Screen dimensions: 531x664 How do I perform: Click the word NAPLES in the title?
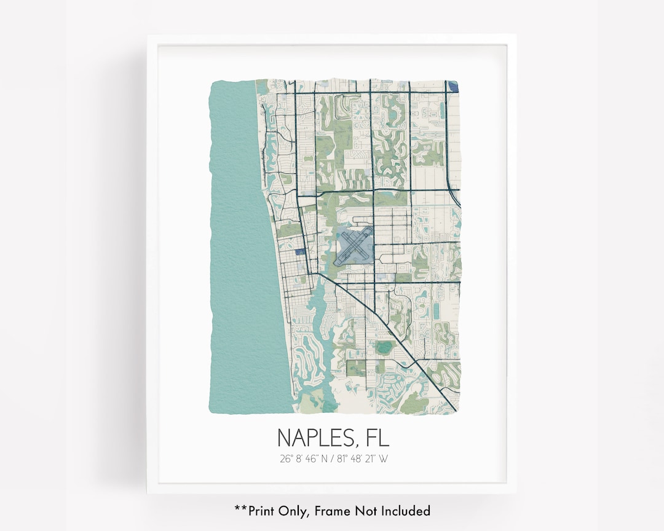pyautogui.click(x=314, y=438)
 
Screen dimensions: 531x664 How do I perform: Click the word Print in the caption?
pyautogui.click(x=258, y=510)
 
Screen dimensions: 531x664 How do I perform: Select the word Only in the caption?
pyautogui.click(x=290, y=510)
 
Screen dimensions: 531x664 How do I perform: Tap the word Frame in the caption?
pyautogui.click(x=332, y=510)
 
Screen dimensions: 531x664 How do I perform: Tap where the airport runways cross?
pyautogui.click(x=354, y=244)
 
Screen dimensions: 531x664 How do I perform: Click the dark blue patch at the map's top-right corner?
pyautogui.click(x=454, y=86)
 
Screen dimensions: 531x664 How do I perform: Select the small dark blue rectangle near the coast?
pyautogui.click(x=301, y=251)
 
